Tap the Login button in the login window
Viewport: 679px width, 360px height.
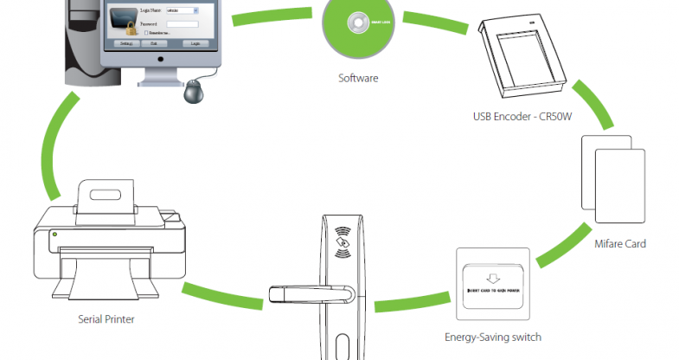196,42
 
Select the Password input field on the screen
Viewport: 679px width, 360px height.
179,23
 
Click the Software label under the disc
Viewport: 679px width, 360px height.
357,78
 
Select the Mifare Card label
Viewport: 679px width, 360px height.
620,244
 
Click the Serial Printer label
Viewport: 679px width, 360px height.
106,319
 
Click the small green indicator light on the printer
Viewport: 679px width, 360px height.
55,233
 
